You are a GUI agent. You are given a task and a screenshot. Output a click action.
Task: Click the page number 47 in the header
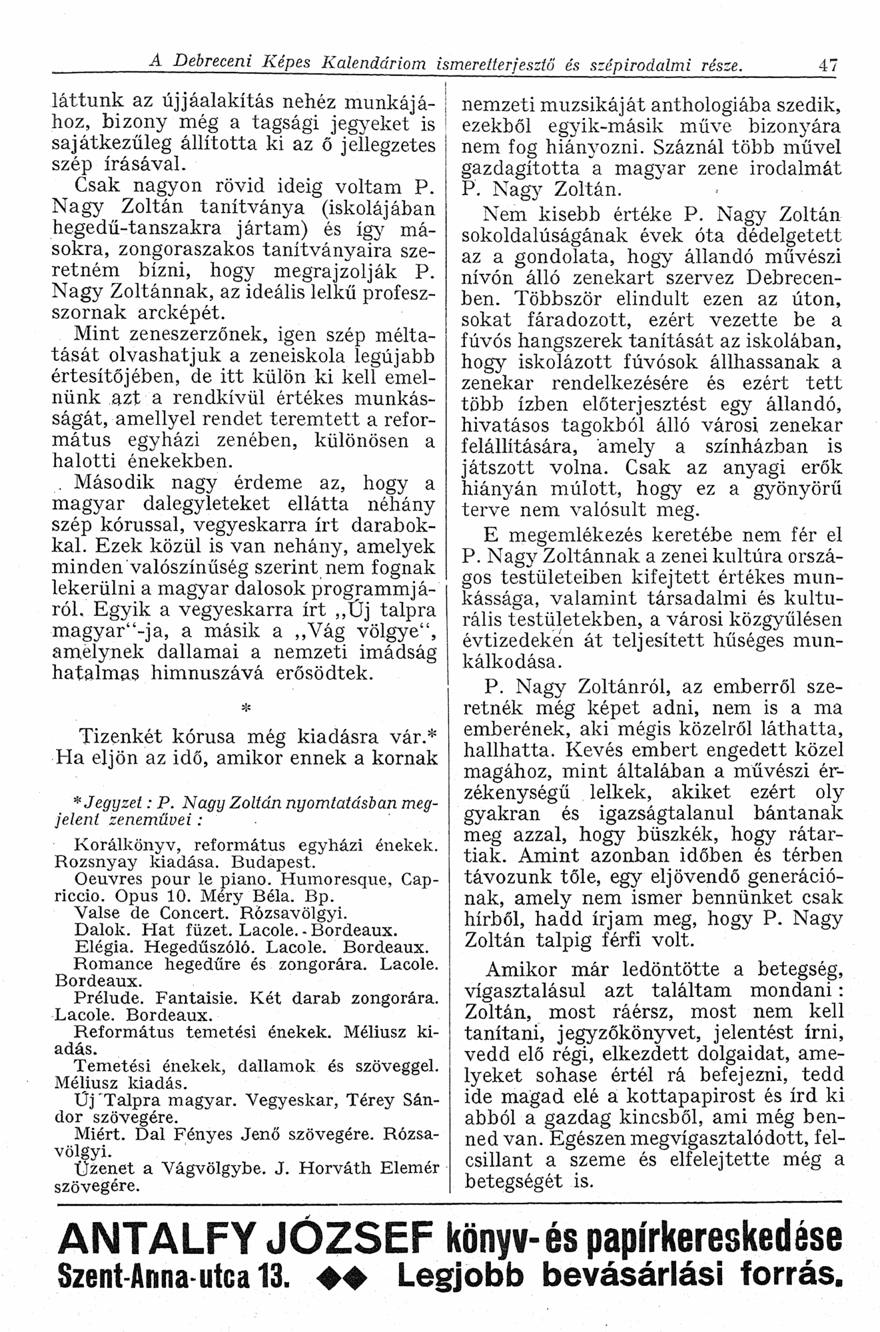click(x=828, y=66)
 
